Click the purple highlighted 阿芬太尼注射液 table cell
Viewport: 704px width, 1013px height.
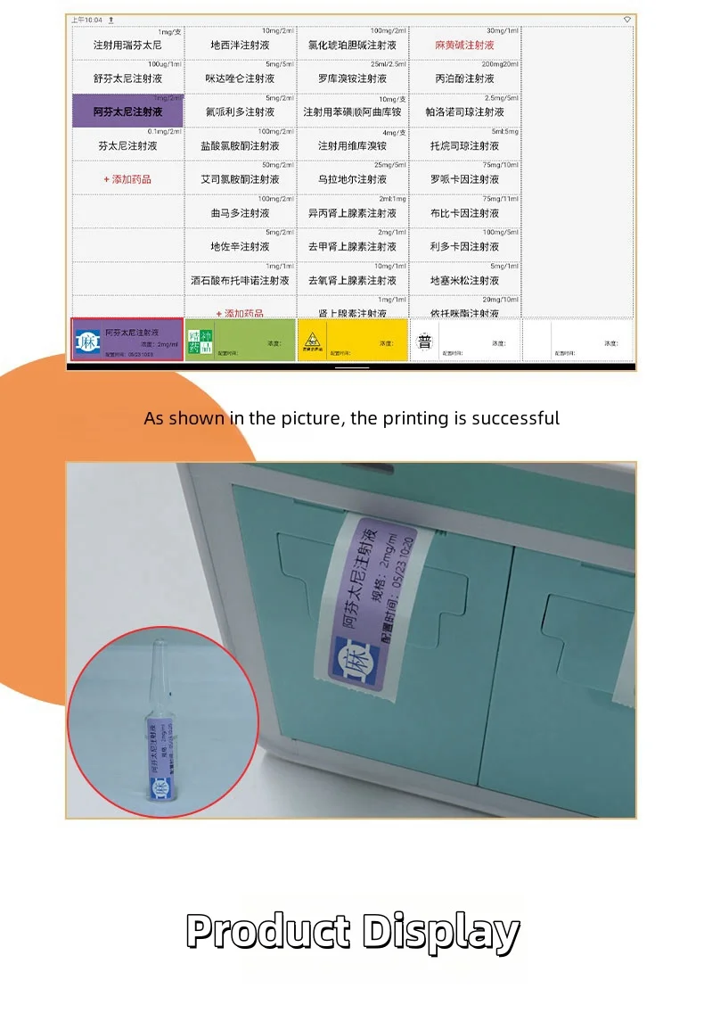click(127, 111)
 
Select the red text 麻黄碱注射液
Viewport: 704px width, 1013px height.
click(464, 45)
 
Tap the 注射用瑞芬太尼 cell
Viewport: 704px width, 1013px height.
click(127, 45)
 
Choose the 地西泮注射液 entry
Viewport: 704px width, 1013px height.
click(240, 45)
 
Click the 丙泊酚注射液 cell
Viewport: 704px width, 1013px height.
click(464, 78)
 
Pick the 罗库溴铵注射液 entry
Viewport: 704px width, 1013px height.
click(352, 78)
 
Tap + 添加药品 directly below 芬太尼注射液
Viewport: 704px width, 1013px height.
click(127, 179)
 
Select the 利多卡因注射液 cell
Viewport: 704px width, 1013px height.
click(464, 246)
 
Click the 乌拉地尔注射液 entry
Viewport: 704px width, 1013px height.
click(352, 179)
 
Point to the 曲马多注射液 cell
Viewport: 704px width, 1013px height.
click(240, 213)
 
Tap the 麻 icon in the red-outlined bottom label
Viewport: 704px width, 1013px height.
click(88, 342)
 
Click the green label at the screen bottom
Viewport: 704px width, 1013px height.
click(240, 341)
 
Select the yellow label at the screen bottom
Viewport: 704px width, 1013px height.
click(352, 341)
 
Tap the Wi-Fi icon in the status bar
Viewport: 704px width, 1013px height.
click(626, 20)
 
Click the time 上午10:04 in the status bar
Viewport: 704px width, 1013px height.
click(86, 20)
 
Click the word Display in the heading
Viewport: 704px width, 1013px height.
click(440, 932)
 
